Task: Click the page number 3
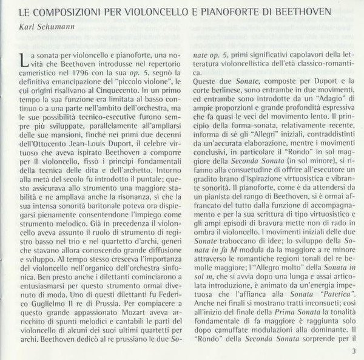pyautogui.click(x=352, y=350)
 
